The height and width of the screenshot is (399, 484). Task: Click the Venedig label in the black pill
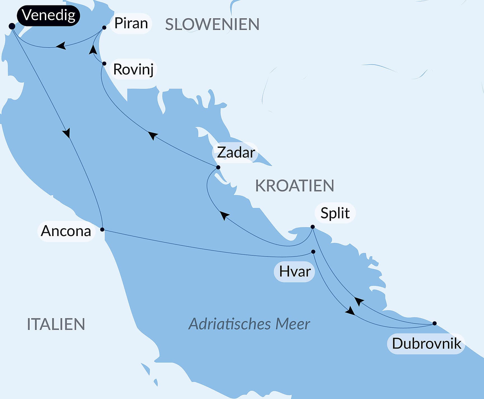pos(48,15)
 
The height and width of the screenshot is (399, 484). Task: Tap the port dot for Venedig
pos(12,26)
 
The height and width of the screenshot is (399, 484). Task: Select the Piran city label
pos(131,23)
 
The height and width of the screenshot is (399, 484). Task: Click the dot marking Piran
pos(104,27)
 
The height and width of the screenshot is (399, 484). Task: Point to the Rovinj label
pos(133,69)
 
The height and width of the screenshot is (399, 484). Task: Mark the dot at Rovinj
pos(104,64)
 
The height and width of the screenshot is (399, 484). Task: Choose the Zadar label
pos(236,153)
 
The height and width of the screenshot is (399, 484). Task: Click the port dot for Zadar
pos(218,167)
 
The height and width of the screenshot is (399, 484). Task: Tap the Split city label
pos(335,213)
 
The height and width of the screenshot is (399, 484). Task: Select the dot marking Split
pos(313,227)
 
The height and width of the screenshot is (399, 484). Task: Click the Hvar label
pos(295,272)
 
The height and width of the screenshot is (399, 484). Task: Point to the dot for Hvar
pos(313,252)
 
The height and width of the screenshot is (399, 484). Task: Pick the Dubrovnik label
pos(426,344)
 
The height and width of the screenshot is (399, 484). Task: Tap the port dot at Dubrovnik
pos(434,323)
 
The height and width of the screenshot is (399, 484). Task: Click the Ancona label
pos(66,231)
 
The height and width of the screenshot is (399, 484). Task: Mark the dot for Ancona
pos(102,230)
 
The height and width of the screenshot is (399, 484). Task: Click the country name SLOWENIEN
pos(212,24)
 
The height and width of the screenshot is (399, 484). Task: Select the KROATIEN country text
pos(294,186)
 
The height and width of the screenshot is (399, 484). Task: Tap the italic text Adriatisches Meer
pos(249,324)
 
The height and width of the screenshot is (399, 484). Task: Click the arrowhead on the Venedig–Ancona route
pos(67,133)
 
